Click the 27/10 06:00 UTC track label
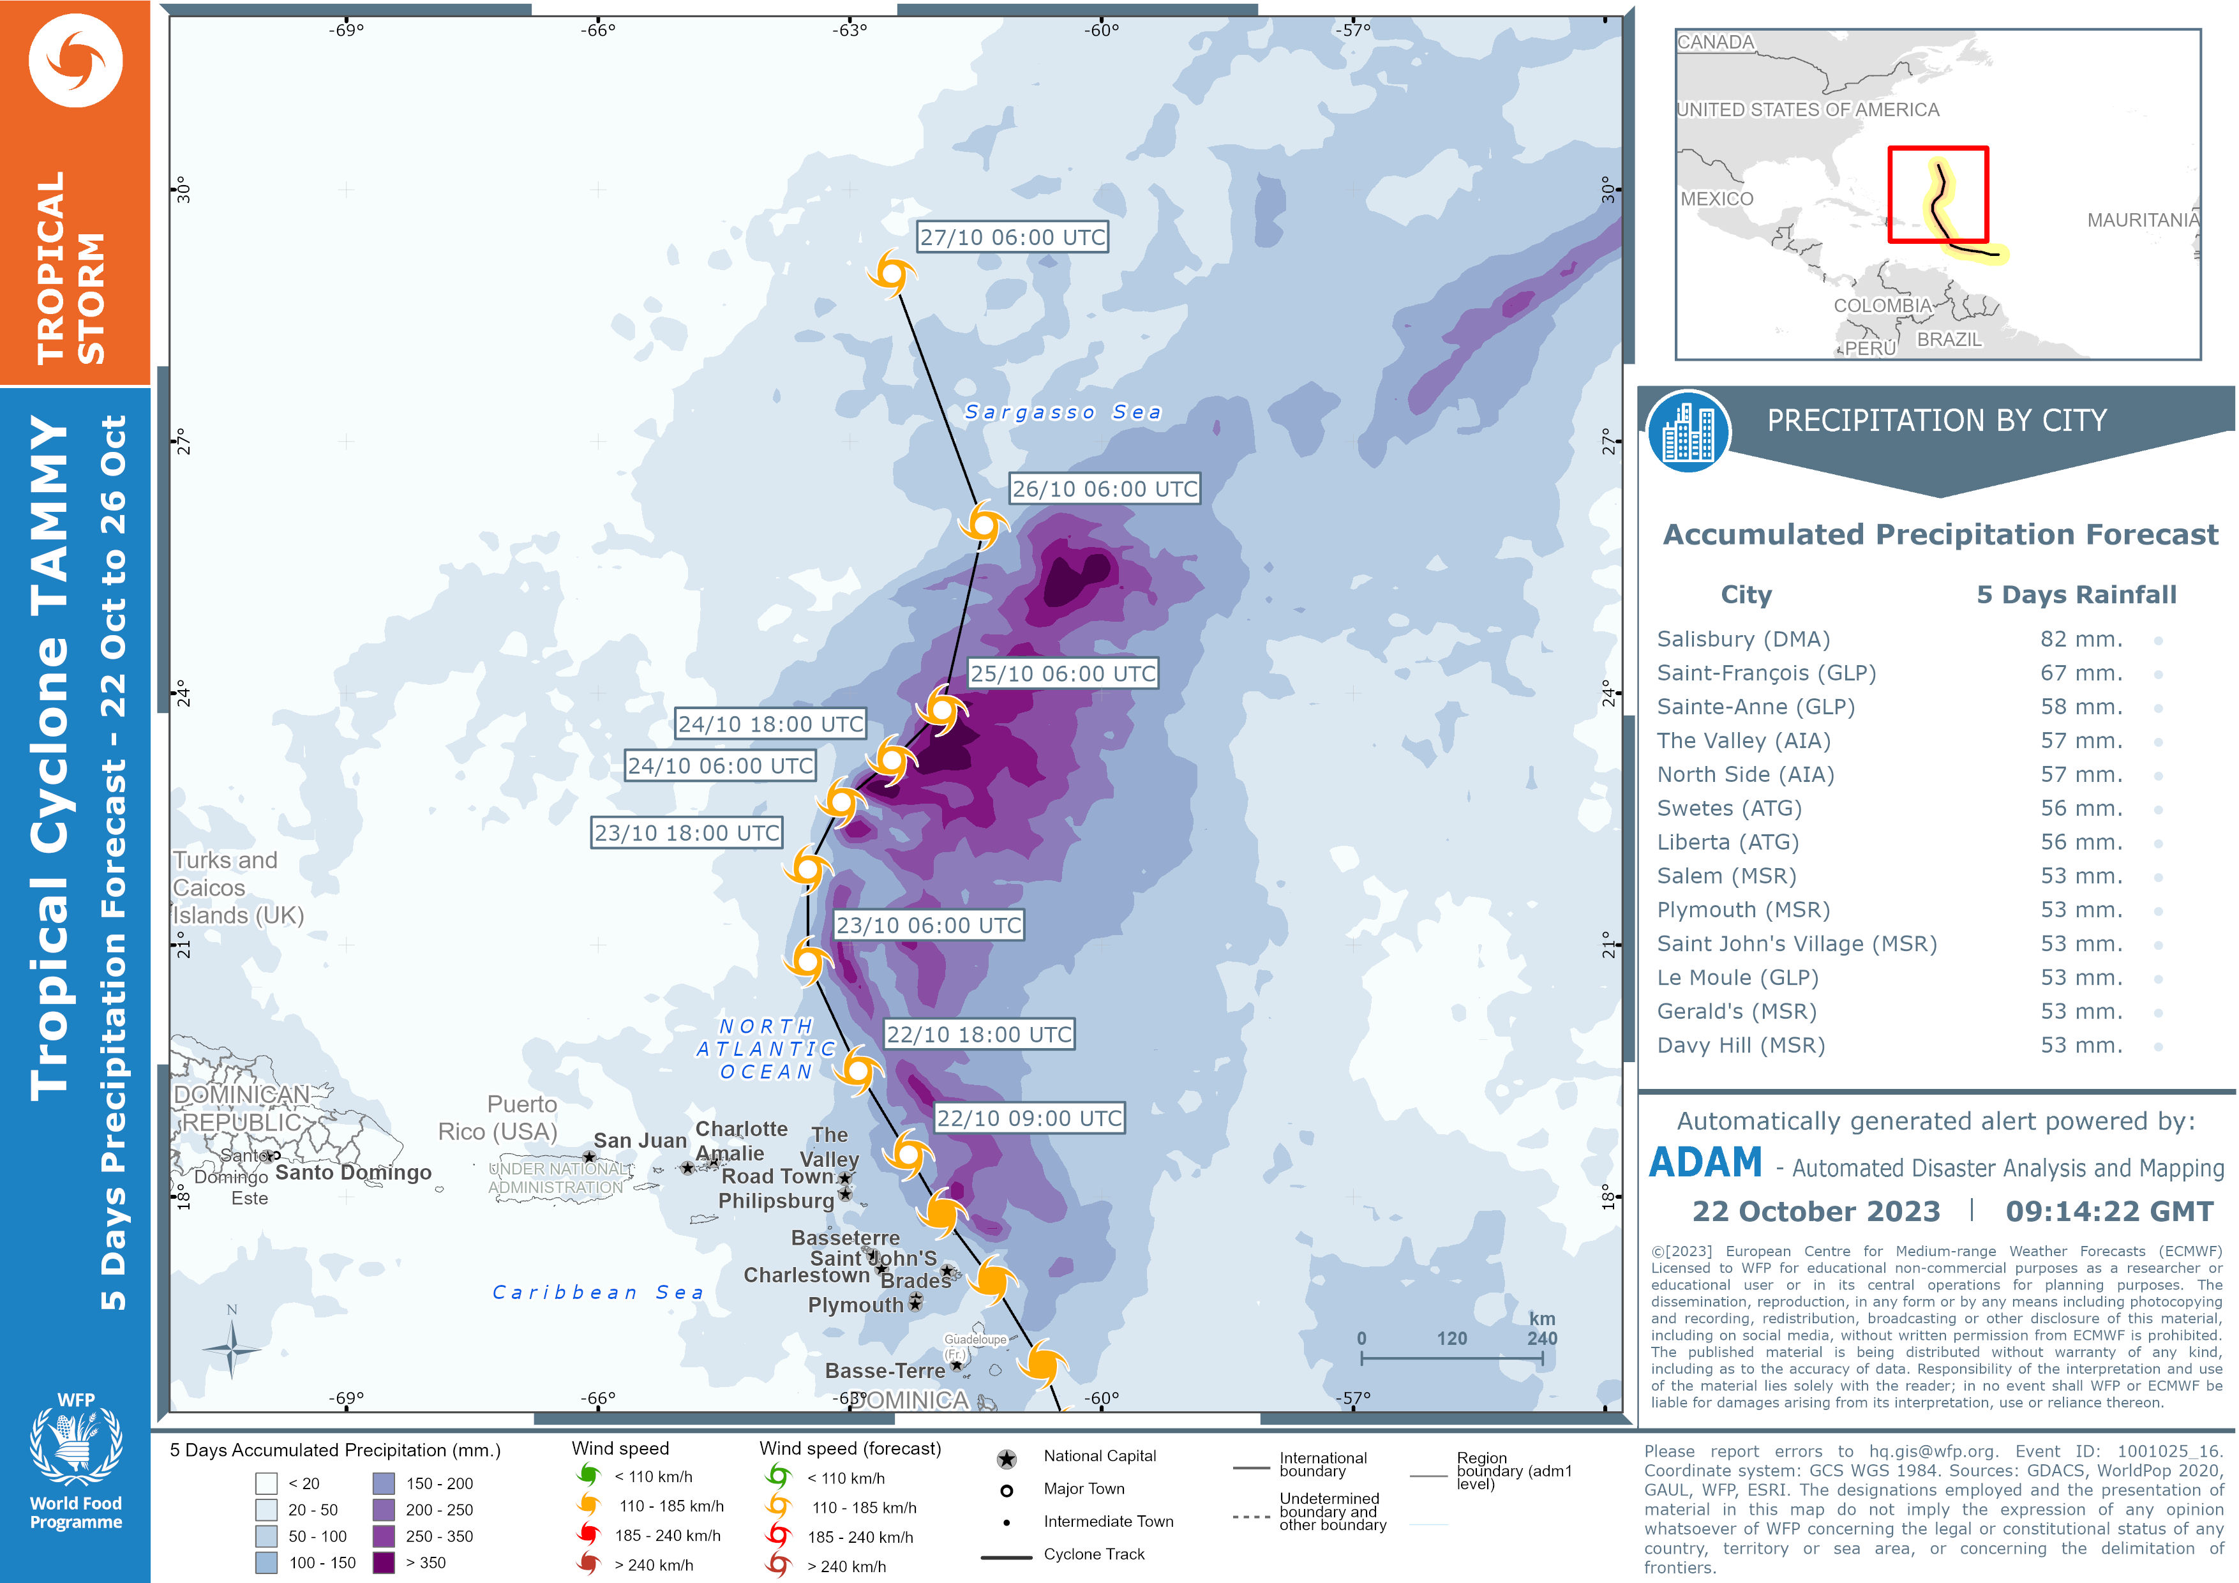1012,237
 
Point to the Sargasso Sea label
1063,412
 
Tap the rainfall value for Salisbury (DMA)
2081,639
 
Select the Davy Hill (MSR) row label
1741,1046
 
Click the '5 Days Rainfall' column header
2076,595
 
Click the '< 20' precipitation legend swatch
266,1483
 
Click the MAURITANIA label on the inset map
2143,220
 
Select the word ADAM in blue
1705,1164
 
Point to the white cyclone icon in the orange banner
76,61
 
